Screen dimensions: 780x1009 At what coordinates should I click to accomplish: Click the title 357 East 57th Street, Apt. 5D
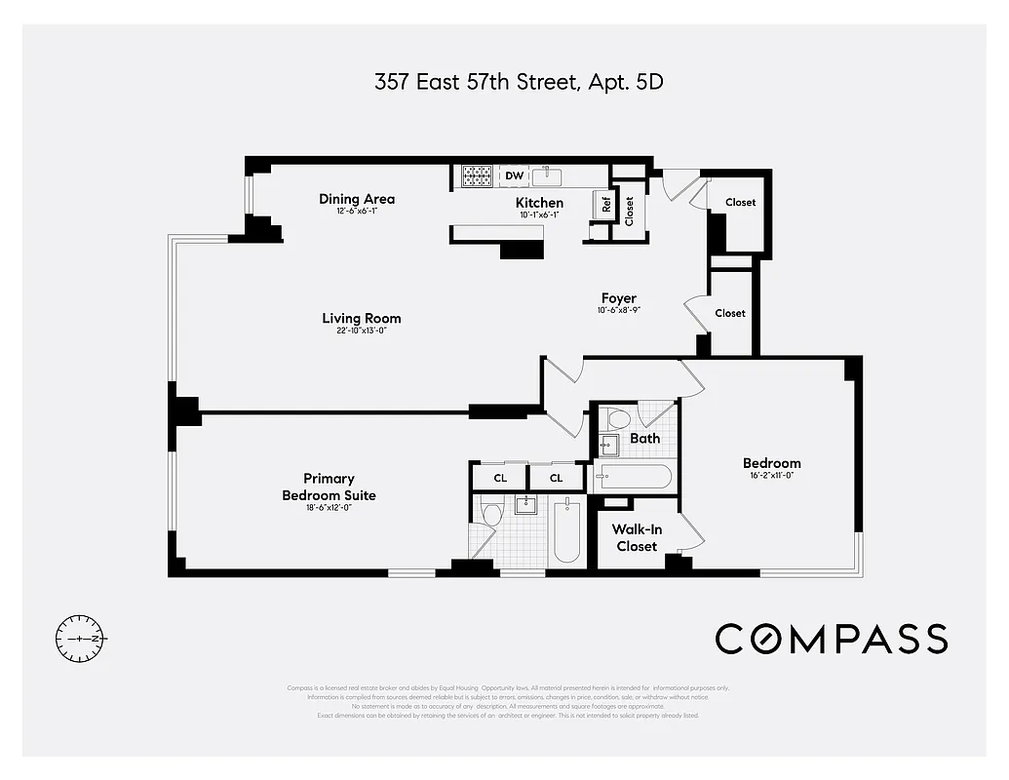tap(519, 82)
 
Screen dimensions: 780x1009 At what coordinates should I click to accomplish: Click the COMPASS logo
tap(831, 639)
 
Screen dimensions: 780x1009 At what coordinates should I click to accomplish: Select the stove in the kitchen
tap(477, 176)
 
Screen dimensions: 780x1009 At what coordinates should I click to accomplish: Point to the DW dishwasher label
tap(515, 176)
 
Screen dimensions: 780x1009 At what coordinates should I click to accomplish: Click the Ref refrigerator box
tap(606, 205)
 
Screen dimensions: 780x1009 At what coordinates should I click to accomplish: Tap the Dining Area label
tap(357, 199)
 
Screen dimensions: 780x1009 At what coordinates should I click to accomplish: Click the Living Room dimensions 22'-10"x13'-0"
tap(362, 331)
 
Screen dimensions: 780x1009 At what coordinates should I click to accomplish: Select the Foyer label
tap(618, 298)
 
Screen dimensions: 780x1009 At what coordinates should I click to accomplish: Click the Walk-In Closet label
tap(635, 537)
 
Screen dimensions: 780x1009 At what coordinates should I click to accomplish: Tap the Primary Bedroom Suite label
tap(329, 487)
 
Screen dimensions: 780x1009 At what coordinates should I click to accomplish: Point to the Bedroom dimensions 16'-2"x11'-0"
tap(771, 476)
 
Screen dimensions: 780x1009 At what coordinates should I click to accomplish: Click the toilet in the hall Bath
tap(618, 418)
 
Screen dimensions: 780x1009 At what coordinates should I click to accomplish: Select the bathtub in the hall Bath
tap(633, 477)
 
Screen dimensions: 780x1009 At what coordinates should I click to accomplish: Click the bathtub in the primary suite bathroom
tap(567, 531)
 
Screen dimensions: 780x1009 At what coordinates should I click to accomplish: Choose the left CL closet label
tap(499, 478)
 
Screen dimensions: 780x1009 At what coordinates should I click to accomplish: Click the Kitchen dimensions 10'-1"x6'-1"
tap(539, 214)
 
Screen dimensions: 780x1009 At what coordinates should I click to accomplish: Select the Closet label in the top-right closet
tap(741, 202)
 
